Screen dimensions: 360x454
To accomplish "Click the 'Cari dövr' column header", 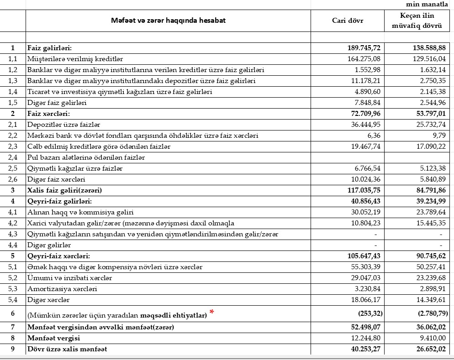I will tap(348, 21).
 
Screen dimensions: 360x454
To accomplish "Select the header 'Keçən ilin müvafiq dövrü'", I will tap(417, 21).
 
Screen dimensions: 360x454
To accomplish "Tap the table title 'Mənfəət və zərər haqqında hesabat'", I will tap(168, 21).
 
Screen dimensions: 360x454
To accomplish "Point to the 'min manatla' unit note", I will tap(427, 5).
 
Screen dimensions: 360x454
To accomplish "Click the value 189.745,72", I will tap(364, 48).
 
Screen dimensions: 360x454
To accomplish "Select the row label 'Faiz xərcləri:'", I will tap(50, 114).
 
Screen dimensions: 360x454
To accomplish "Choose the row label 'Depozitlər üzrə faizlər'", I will tap(63, 125).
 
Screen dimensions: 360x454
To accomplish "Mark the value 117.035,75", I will tap(364, 190).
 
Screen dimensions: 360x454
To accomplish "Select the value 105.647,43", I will tap(364, 256).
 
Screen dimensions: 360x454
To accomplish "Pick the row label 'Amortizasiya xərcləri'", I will tap(62, 289).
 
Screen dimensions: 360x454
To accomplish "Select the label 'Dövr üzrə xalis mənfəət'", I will tap(67, 349).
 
